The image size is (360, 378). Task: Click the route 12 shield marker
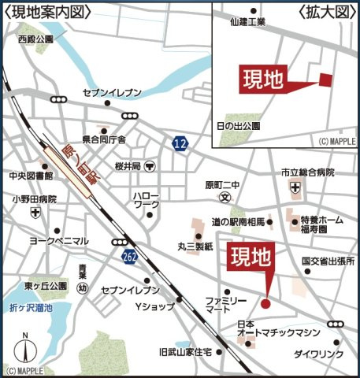coord(180,143)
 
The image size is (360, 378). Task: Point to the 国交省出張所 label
coord(328,261)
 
